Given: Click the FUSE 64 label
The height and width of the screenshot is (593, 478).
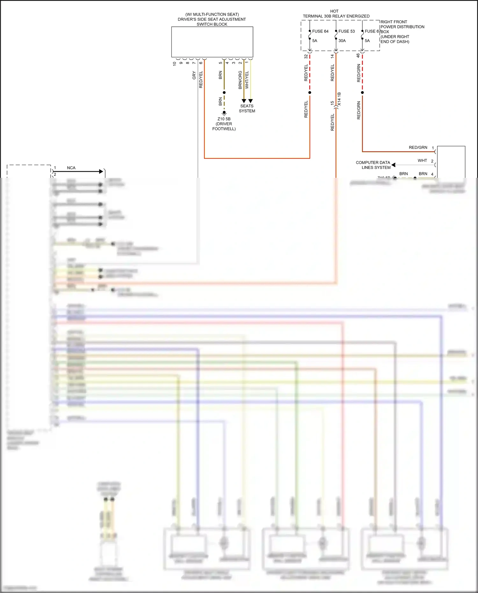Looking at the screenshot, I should point(320,31).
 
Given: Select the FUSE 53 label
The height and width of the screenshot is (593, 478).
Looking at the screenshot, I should point(346,31).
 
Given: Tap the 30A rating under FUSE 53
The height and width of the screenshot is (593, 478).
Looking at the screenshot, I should point(342,41).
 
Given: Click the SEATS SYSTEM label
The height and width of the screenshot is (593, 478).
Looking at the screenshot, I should point(247,108).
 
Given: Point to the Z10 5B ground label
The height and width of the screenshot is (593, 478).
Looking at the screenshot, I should point(224,119).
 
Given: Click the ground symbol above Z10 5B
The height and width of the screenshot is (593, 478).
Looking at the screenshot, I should point(224,112).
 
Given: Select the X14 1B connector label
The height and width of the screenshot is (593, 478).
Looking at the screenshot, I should point(339,99).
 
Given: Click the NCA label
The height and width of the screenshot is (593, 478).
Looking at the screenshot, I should point(71,168).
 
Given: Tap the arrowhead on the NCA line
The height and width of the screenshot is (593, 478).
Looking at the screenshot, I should point(101,171).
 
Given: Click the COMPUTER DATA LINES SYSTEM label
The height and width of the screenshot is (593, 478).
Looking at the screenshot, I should point(373,165).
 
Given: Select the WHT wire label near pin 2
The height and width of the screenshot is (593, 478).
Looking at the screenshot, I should point(422,161).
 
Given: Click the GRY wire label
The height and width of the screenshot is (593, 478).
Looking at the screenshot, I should point(194,76).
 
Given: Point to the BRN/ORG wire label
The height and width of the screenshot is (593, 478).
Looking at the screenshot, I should point(240,80).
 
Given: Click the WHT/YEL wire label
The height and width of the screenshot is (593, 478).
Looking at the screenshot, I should point(247,80).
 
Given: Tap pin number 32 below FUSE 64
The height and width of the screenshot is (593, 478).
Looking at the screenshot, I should point(306,56).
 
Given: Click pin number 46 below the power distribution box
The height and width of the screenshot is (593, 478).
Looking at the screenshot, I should point(358,55).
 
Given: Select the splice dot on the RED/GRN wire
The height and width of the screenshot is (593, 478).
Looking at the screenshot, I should point(362,93).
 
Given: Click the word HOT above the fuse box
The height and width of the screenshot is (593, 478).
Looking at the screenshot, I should point(334,11).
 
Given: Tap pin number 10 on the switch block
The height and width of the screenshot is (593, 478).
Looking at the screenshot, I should point(174,63).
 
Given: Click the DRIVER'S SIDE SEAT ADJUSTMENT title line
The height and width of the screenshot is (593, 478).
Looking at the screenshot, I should point(212,19).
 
